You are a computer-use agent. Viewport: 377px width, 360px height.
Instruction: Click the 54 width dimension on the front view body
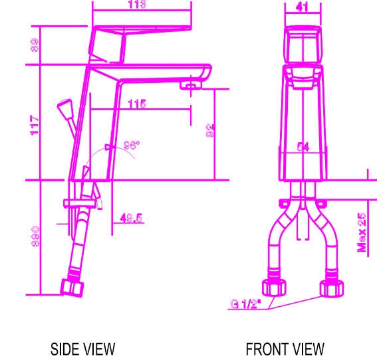pos(303,147)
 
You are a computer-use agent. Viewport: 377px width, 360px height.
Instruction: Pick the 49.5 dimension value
pos(132,217)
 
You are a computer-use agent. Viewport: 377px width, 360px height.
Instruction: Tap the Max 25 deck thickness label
pos(362,232)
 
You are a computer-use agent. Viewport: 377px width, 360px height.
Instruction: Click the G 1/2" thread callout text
pos(246,304)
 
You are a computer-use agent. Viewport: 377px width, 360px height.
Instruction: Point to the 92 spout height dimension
pos(210,131)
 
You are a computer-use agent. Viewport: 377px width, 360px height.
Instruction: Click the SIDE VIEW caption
pos(82,349)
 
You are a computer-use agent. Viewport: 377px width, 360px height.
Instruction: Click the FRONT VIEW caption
pos(285,349)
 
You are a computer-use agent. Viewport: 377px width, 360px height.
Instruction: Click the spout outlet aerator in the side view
pos(193,85)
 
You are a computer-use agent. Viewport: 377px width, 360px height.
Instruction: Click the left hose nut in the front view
pos(275,288)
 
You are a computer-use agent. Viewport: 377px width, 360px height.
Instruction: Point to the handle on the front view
pos(303,45)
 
